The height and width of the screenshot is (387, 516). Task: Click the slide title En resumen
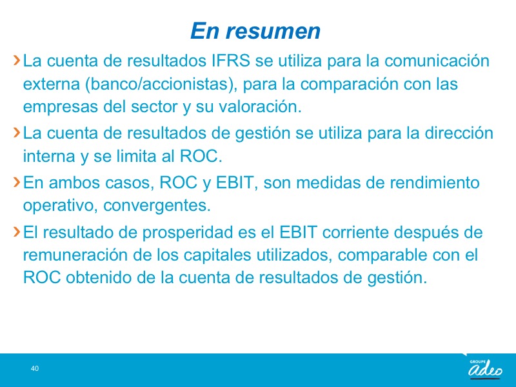coord(255,31)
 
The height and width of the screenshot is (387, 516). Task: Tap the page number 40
coord(35,368)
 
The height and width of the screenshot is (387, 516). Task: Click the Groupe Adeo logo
coord(486,367)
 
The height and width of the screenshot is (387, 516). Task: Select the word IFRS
coord(230,61)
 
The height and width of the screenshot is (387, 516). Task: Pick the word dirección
coord(459,133)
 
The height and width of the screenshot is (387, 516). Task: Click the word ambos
coord(74,183)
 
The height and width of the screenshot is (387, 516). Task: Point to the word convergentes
coord(157,206)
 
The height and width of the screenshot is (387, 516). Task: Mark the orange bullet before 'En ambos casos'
coord(17,182)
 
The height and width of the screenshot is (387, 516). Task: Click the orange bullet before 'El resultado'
coord(17,232)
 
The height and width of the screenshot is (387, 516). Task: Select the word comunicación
coord(437,61)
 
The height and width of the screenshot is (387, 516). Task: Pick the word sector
coord(155,106)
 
